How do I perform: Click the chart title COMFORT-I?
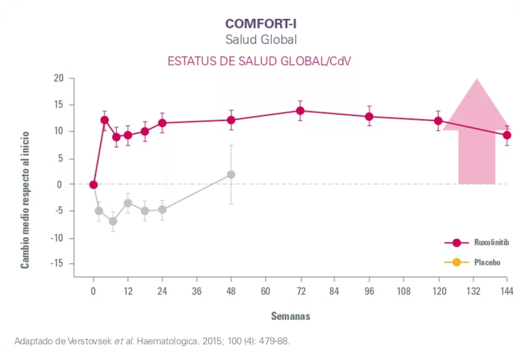(x=261, y=23)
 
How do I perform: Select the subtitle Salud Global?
(x=261, y=40)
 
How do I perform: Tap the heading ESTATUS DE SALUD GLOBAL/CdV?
(x=259, y=61)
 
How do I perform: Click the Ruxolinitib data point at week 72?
(x=300, y=111)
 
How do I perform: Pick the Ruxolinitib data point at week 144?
(x=507, y=135)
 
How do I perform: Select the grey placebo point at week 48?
(x=231, y=174)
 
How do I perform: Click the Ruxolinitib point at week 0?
(x=93, y=185)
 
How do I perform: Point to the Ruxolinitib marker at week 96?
(x=369, y=116)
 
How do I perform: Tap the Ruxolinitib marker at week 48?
(x=231, y=120)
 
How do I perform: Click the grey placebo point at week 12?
(x=128, y=203)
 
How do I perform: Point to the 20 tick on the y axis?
(x=59, y=78)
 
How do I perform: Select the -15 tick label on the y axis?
(x=57, y=264)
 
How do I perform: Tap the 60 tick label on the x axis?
(x=265, y=291)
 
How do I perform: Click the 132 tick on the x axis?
(x=472, y=291)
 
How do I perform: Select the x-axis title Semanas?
(x=290, y=317)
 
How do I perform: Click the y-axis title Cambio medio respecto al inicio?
(x=25, y=200)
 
